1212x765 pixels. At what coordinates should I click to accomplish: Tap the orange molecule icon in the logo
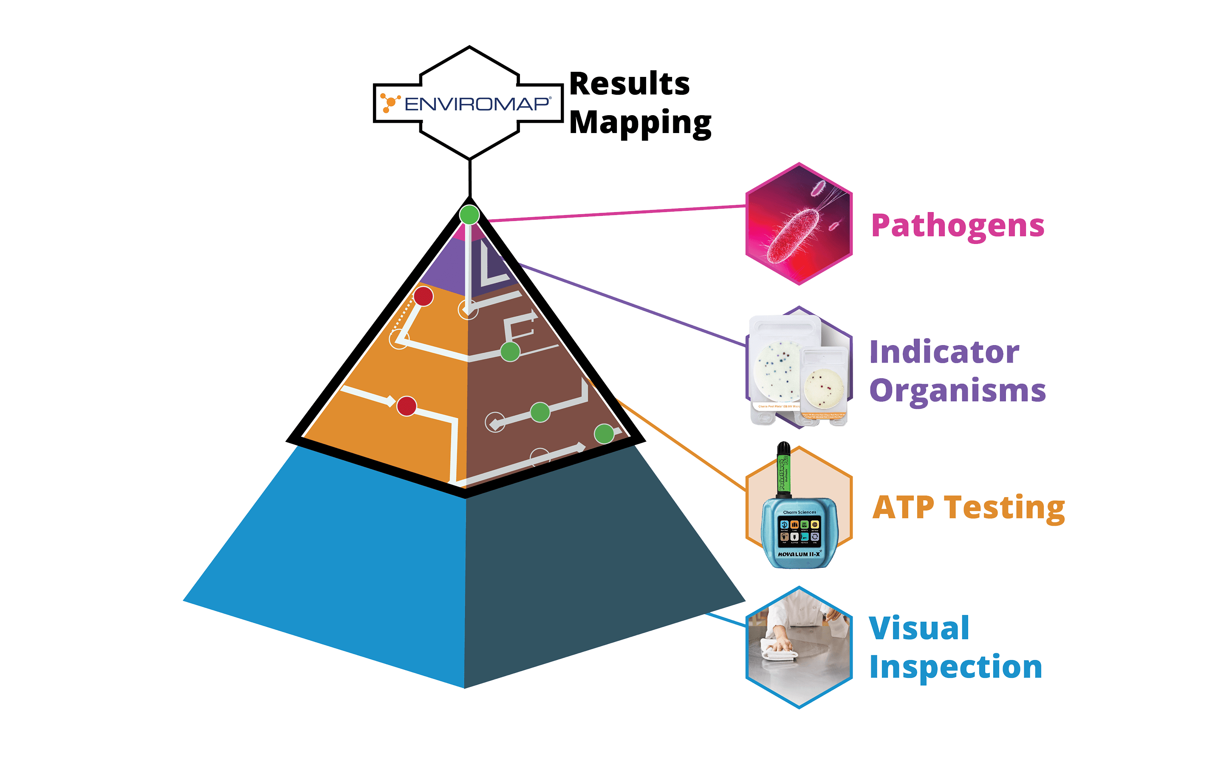click(389, 102)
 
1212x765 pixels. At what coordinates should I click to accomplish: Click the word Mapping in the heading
click(640, 122)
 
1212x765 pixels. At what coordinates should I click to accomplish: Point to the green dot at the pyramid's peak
click(469, 215)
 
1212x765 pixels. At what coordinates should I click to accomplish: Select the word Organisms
click(957, 391)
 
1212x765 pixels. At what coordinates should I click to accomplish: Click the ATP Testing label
click(969, 507)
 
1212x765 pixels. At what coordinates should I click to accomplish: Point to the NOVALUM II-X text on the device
click(799, 554)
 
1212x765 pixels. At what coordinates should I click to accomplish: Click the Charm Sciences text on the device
click(799, 512)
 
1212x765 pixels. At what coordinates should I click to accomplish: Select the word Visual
click(919, 628)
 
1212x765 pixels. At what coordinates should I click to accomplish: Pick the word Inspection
click(955, 667)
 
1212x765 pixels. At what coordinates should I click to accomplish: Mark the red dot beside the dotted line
click(423, 296)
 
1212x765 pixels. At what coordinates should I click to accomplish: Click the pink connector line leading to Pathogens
click(614, 213)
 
